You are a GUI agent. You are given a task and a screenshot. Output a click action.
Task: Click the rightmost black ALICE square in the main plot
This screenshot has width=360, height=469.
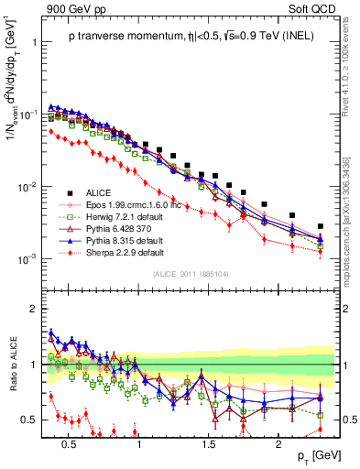click(320, 226)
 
